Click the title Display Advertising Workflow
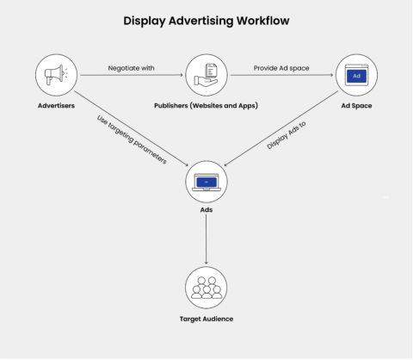coord(206,18)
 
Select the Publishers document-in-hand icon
coord(206,75)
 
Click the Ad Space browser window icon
coord(355,75)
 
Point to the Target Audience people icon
coord(206,288)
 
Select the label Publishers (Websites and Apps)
coord(206,108)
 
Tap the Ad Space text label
coord(355,108)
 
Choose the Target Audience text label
coord(206,319)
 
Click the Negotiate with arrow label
coord(132,67)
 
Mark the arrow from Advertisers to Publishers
coord(132,76)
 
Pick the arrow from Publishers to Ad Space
coord(280,76)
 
